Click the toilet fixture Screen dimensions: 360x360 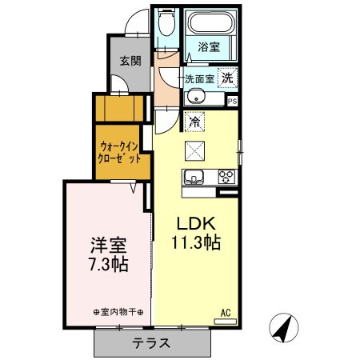pos(166,22)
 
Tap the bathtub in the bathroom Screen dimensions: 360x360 pos(211,23)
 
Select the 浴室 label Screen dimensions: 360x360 pos(209,47)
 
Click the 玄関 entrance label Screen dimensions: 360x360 pos(130,62)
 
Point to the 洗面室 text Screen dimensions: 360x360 pos(199,79)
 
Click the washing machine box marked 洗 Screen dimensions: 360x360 pos(227,78)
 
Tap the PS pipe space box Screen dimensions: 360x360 pos(232,102)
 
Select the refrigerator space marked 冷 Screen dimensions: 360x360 pos(194,122)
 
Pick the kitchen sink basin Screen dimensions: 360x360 pos(194,177)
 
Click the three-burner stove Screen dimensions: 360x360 pos(227,177)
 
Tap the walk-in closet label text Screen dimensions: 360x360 pos(119,153)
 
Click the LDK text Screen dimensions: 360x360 pos(196,223)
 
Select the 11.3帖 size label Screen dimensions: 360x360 pos(196,242)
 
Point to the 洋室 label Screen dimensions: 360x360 pos(109,245)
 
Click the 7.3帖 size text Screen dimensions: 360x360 pos(109,264)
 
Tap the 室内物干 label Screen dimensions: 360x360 pos(118,312)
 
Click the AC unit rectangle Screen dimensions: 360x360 pos(226,322)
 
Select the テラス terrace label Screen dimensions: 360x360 pos(151,343)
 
